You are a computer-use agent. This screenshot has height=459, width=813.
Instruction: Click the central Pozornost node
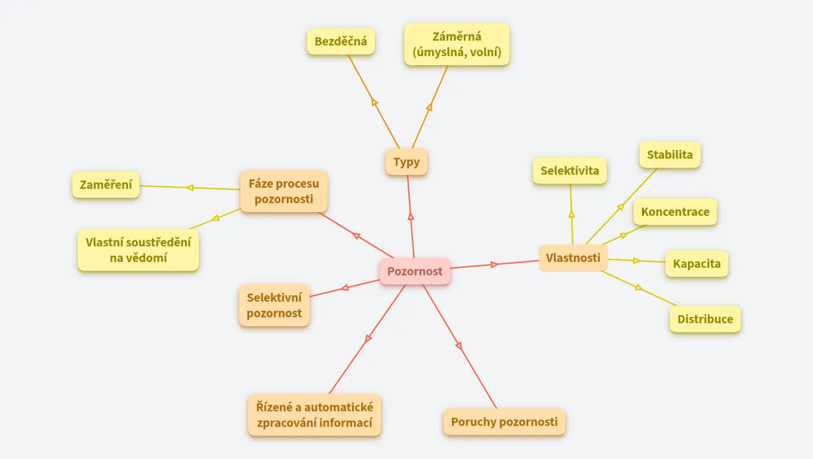pyautogui.click(x=415, y=271)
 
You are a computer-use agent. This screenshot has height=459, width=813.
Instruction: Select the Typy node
pyautogui.click(x=406, y=162)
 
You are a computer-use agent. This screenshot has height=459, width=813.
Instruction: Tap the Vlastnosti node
pyautogui.click(x=573, y=258)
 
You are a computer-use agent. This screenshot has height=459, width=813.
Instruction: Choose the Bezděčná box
pyautogui.click(x=341, y=42)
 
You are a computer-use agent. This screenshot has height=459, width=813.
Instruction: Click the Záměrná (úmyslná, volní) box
pyautogui.click(x=457, y=45)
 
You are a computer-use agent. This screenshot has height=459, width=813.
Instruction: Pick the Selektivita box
pyautogui.click(x=570, y=171)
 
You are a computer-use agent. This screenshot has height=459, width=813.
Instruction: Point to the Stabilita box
pyautogui.click(x=670, y=155)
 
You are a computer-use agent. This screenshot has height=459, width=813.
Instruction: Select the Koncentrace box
pyautogui.click(x=675, y=212)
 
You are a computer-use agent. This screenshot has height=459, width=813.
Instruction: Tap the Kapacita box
pyautogui.click(x=697, y=264)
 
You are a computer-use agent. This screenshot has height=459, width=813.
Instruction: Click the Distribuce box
pyautogui.click(x=705, y=319)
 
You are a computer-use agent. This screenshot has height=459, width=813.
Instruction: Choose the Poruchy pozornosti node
pyautogui.click(x=505, y=422)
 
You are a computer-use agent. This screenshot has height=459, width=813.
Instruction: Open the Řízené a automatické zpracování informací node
pyautogui.click(x=314, y=415)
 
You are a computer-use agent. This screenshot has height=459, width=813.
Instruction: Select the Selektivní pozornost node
pyautogui.click(x=274, y=305)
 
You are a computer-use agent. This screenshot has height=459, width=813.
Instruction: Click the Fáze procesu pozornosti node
pyautogui.click(x=284, y=191)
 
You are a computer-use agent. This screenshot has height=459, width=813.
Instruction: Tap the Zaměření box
pyautogui.click(x=106, y=185)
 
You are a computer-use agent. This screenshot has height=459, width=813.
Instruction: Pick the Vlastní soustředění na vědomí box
pyautogui.click(x=138, y=250)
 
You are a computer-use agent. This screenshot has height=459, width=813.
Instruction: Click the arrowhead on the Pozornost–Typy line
pyautogui.click(x=411, y=216)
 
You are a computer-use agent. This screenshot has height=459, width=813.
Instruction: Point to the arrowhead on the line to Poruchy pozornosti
pyautogui.click(x=459, y=345)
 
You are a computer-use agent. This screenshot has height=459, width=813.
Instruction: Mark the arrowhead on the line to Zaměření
pyautogui.click(x=190, y=188)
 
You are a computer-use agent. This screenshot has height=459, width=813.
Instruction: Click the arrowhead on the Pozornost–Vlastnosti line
pyautogui.click(x=494, y=264)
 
